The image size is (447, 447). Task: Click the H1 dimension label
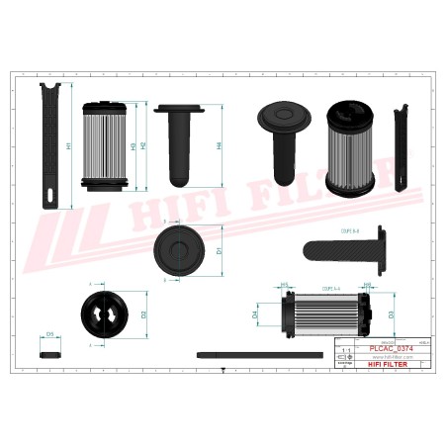(x=68, y=145)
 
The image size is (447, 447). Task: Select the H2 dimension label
(x=144, y=145)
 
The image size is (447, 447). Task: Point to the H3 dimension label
(x=134, y=145)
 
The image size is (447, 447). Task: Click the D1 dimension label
(x=219, y=251)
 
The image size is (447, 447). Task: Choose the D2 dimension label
(x=144, y=314)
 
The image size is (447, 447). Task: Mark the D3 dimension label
(x=392, y=314)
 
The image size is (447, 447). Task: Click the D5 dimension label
(x=50, y=334)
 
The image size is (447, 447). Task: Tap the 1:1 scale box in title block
(x=344, y=351)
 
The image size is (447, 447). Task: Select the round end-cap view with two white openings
(x=103, y=314)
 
